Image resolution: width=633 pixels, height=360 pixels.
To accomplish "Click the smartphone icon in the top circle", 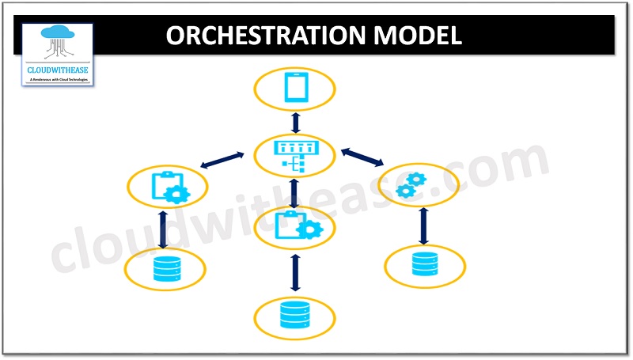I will [295, 88].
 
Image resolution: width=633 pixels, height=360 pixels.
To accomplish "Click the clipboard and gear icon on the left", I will [169, 187].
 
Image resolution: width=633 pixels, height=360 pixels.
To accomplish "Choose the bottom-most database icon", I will [295, 316].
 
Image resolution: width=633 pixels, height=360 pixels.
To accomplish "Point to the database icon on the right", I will [423, 263].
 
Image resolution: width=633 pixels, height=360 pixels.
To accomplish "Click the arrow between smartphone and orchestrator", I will [295, 122].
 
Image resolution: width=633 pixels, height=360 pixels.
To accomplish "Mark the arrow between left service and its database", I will [163, 229].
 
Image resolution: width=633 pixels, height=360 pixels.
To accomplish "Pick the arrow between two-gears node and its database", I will [423, 226].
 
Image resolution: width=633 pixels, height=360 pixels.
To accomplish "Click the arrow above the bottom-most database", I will [295, 273].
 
